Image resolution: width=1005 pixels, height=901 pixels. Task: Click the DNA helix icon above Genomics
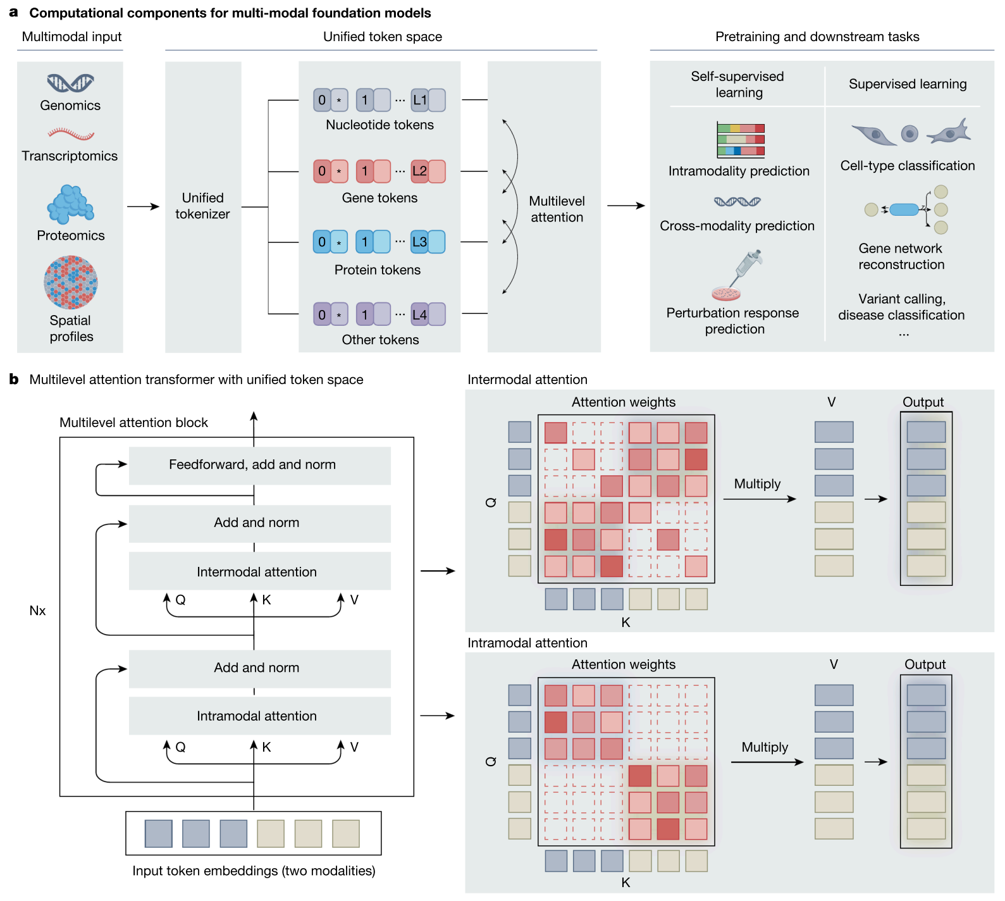pos(70,83)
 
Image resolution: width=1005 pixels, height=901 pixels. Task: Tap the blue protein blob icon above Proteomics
pos(70,204)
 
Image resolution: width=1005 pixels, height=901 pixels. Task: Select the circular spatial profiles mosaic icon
pos(71,282)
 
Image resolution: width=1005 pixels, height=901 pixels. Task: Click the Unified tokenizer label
pos(202,206)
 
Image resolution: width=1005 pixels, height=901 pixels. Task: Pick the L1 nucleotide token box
pos(420,100)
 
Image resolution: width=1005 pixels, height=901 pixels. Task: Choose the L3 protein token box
pos(420,242)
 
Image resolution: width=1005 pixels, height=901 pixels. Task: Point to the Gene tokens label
pos(379,198)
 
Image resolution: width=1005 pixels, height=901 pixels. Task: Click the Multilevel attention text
pos(557,209)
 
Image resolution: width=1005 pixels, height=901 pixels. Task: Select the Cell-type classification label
pos(907,166)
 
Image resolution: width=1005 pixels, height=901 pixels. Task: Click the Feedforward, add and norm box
pos(259,465)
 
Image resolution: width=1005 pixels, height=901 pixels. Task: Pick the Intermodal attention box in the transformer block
pos(259,571)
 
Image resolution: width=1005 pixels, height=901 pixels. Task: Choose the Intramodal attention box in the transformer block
pos(259,716)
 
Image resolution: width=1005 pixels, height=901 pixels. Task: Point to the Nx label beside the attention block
pos(37,611)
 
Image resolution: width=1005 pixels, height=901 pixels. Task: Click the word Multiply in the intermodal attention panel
pos(757,484)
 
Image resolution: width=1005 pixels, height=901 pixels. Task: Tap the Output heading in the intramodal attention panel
pos(925,664)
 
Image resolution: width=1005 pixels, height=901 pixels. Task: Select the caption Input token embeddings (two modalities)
pos(254,871)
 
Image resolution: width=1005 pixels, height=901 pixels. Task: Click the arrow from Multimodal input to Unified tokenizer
pos(143,206)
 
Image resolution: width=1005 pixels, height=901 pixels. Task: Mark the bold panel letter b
pos(13,380)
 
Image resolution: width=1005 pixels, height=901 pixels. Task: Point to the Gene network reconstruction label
pos(901,257)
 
